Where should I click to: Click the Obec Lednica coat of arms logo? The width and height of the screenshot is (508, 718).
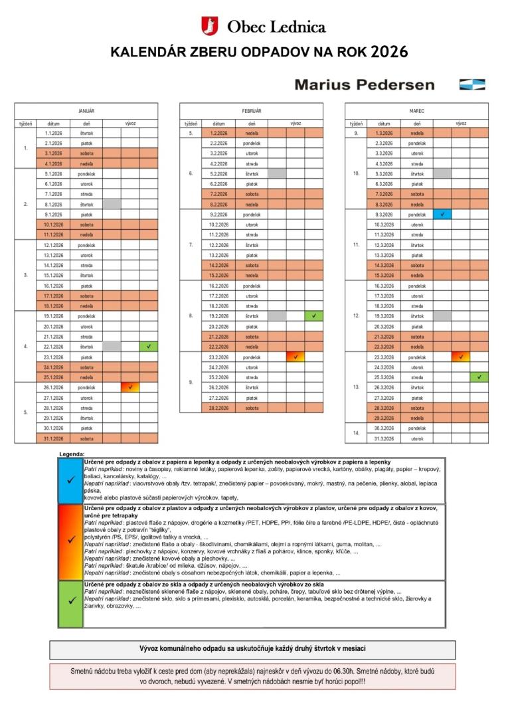point(209,26)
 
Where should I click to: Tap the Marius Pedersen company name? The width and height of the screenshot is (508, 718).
point(364,84)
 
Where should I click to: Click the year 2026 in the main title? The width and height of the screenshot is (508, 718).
point(389,52)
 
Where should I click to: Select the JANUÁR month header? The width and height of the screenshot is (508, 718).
point(86,111)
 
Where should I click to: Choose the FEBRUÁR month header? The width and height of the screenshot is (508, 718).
point(251,111)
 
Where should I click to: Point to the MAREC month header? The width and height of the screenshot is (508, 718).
point(416,111)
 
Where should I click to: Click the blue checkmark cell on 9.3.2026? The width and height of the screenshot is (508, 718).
point(442,215)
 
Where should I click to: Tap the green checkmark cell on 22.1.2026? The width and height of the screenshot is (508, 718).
point(149,346)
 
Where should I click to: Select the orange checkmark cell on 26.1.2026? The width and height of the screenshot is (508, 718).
point(130,387)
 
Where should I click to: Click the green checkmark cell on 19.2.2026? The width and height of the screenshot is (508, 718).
point(313,315)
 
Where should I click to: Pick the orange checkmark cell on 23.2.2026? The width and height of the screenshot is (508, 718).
point(295,357)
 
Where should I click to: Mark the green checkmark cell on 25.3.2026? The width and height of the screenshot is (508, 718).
point(479,377)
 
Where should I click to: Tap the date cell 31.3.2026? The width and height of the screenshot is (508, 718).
point(384,438)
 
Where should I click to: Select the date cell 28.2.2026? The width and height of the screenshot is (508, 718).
point(218,408)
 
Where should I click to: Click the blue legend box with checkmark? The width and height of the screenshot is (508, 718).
point(71,480)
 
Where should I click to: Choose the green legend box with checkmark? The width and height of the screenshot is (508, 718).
point(71,603)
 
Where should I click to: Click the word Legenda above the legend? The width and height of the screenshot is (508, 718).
point(72,454)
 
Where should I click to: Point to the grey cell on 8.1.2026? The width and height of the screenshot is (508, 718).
point(112,205)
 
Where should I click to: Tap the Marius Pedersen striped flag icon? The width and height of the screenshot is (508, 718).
point(472,84)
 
